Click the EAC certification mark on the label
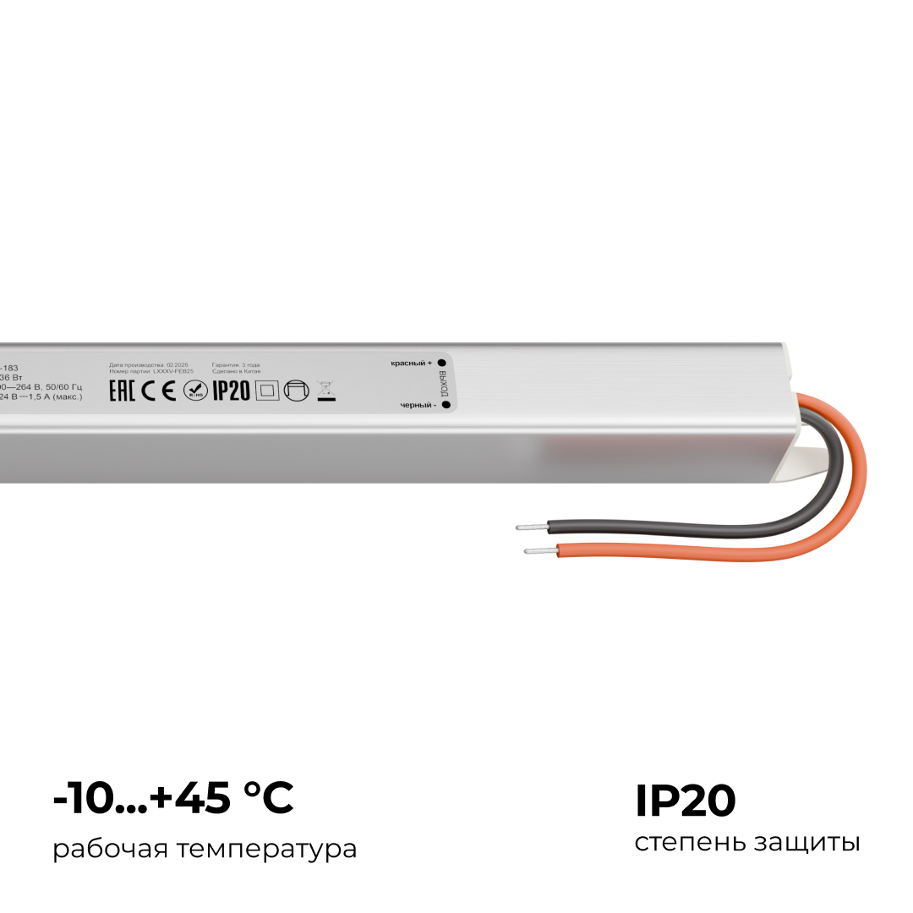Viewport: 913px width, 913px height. pos(123,391)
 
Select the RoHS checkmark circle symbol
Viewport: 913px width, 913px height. pos(194,391)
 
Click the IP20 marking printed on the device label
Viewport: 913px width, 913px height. pos(231,391)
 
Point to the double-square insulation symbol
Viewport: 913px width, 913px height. pos(266,391)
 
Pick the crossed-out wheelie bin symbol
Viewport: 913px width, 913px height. pos(325,390)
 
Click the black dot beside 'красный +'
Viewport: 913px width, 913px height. pos(441,362)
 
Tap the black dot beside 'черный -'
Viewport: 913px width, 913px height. pos(445,405)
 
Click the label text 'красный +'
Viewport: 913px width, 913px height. pos(411,363)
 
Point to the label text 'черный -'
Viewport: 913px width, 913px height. pos(418,406)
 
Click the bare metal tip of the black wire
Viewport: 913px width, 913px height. pos(530,528)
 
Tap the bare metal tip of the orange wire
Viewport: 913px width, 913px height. pos(539,551)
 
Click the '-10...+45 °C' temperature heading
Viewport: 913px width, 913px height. pos(173,799)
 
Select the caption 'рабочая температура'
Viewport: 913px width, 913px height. pos(205,849)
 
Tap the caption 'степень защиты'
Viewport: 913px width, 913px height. pos(747,843)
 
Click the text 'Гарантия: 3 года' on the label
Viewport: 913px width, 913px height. pos(236,365)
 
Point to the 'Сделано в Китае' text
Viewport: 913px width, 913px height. pos(237,372)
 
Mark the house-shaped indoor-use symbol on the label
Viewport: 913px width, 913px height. pos(296,391)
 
